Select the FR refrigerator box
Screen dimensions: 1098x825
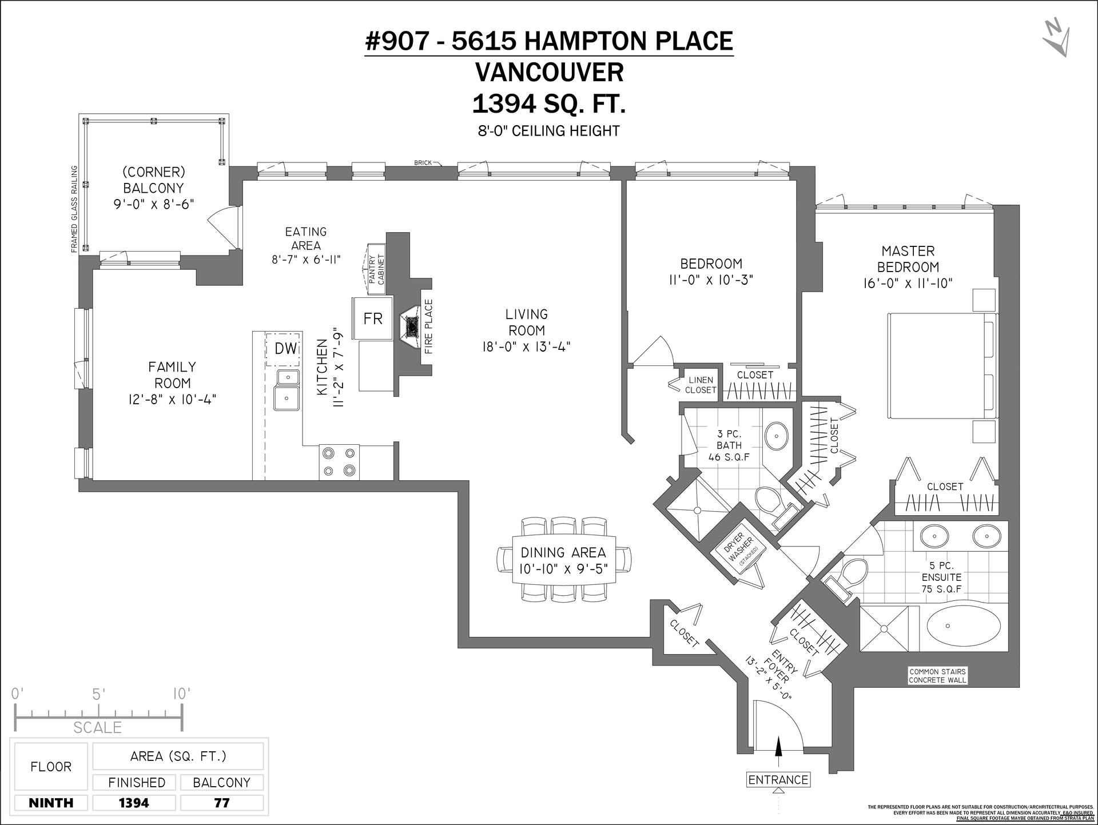[x=373, y=318]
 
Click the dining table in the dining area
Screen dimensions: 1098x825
[x=563, y=560]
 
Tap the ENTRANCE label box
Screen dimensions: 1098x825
[x=778, y=780]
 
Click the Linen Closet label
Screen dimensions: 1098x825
[x=701, y=385]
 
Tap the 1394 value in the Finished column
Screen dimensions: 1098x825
[x=134, y=803]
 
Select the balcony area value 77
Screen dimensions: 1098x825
[x=222, y=803]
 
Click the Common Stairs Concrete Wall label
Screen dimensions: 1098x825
[x=938, y=676]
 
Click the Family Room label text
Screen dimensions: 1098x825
[x=172, y=375]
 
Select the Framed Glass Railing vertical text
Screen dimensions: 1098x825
[x=74, y=209]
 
